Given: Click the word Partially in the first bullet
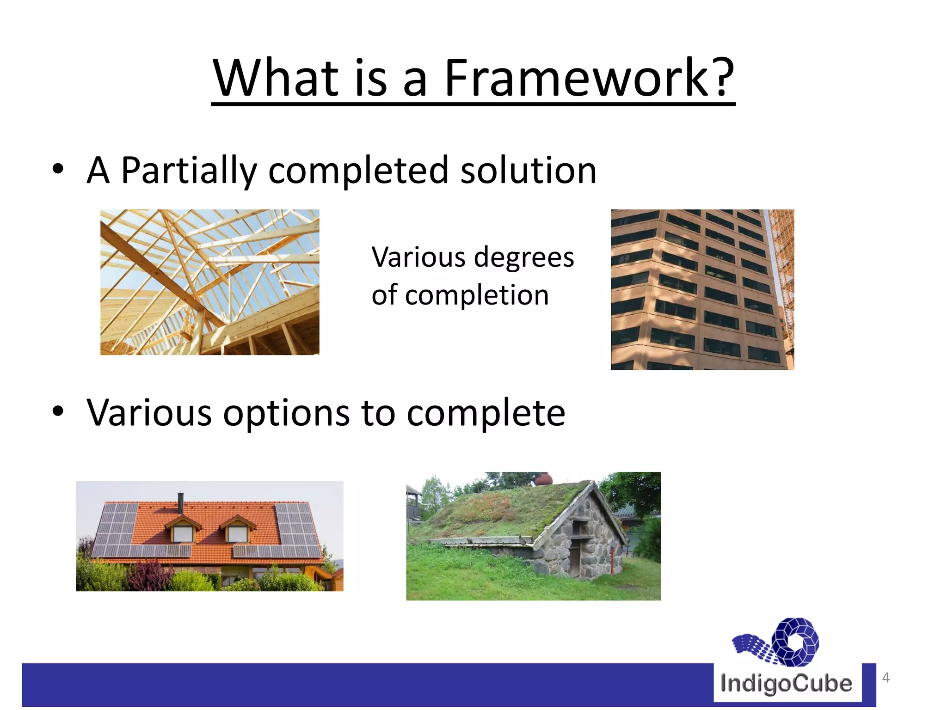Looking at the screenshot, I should click(x=188, y=171).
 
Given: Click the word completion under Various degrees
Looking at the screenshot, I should click(x=477, y=295).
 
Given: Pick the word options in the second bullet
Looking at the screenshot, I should click(x=286, y=413).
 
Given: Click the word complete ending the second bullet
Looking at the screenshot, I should click(x=486, y=413).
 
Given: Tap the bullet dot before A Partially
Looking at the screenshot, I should click(x=58, y=169).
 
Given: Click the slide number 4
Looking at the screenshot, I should click(x=886, y=678).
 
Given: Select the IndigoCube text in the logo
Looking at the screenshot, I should click(x=786, y=684).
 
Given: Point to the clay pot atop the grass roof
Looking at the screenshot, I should click(x=544, y=479).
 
